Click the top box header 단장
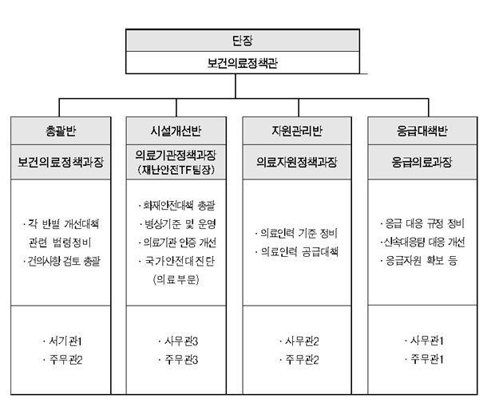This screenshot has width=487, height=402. click(x=243, y=41)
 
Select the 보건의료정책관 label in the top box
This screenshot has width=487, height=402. click(x=243, y=63)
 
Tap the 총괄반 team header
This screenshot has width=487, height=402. click(x=61, y=131)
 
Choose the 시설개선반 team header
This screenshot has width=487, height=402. click(x=176, y=131)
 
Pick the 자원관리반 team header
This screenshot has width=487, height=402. click(x=297, y=131)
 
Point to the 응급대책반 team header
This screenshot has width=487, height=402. click(x=422, y=131)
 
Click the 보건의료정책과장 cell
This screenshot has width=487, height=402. click(x=61, y=162)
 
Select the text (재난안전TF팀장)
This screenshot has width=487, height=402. click(x=176, y=170)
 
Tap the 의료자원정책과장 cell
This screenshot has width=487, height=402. click(x=297, y=162)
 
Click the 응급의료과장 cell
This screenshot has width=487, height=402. click(x=422, y=162)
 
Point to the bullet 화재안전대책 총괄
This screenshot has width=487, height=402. click(x=176, y=205)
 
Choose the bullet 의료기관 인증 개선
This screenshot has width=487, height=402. click(x=177, y=242)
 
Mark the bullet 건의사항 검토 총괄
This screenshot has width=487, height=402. click(x=61, y=261)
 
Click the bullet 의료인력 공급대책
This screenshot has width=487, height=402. click(x=297, y=251)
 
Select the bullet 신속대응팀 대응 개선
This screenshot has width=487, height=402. click(x=422, y=242)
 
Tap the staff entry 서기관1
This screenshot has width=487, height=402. click(x=63, y=341)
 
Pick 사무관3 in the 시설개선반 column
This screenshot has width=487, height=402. click(x=178, y=341)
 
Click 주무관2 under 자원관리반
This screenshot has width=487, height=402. click(x=299, y=360)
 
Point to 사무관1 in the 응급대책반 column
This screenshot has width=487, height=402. click(x=424, y=341)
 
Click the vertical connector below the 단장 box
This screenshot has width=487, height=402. click(x=236, y=86)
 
